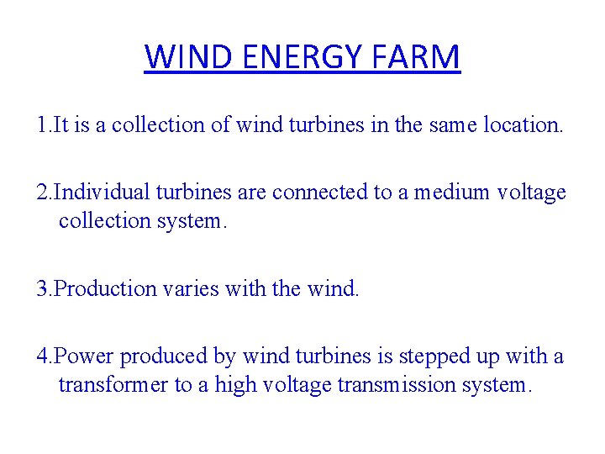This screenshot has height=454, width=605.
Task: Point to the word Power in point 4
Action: (x=85, y=356)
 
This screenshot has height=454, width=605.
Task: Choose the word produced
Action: (x=165, y=356)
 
